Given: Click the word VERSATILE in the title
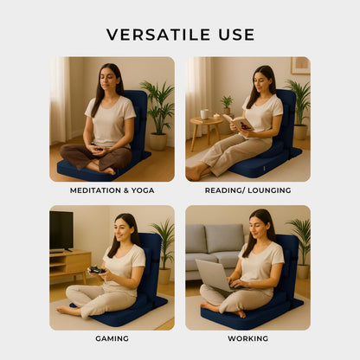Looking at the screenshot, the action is [x=158, y=35].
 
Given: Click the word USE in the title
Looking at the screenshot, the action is [x=236, y=35].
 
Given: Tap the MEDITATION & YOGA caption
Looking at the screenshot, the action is [x=112, y=190].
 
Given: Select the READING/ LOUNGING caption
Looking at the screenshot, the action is [x=248, y=190].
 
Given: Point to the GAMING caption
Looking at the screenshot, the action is [x=112, y=338].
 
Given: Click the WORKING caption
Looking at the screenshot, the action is [x=248, y=338].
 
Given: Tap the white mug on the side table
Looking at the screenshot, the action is [x=205, y=114].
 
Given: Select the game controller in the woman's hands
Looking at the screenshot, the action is [x=97, y=270].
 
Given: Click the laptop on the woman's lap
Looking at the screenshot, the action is [x=215, y=275].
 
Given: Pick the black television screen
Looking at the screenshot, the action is [x=61, y=231].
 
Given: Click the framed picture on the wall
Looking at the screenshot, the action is [x=300, y=66].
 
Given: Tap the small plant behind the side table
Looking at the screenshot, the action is [x=227, y=105].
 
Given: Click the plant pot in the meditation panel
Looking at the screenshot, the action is [x=157, y=142].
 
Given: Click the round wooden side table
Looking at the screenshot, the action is [x=206, y=128].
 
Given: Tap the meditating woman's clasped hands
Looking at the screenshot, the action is [x=98, y=150].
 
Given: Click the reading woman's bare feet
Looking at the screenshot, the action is [x=196, y=172].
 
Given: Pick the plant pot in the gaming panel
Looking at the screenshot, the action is [x=164, y=276].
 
